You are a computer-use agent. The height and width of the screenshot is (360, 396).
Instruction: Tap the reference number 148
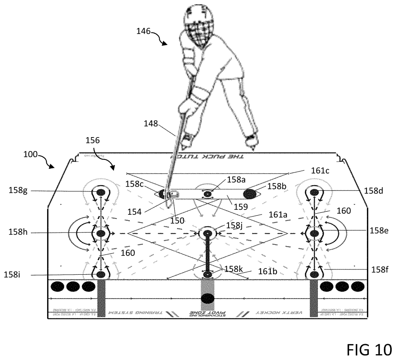coord(151,124)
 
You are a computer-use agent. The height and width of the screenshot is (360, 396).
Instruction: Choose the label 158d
coord(374,190)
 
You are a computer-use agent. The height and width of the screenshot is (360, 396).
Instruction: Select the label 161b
coord(268,271)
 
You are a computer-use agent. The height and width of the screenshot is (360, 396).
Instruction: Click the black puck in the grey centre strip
coord(208,299)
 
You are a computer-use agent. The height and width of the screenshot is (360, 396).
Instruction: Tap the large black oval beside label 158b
coord(250,193)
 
